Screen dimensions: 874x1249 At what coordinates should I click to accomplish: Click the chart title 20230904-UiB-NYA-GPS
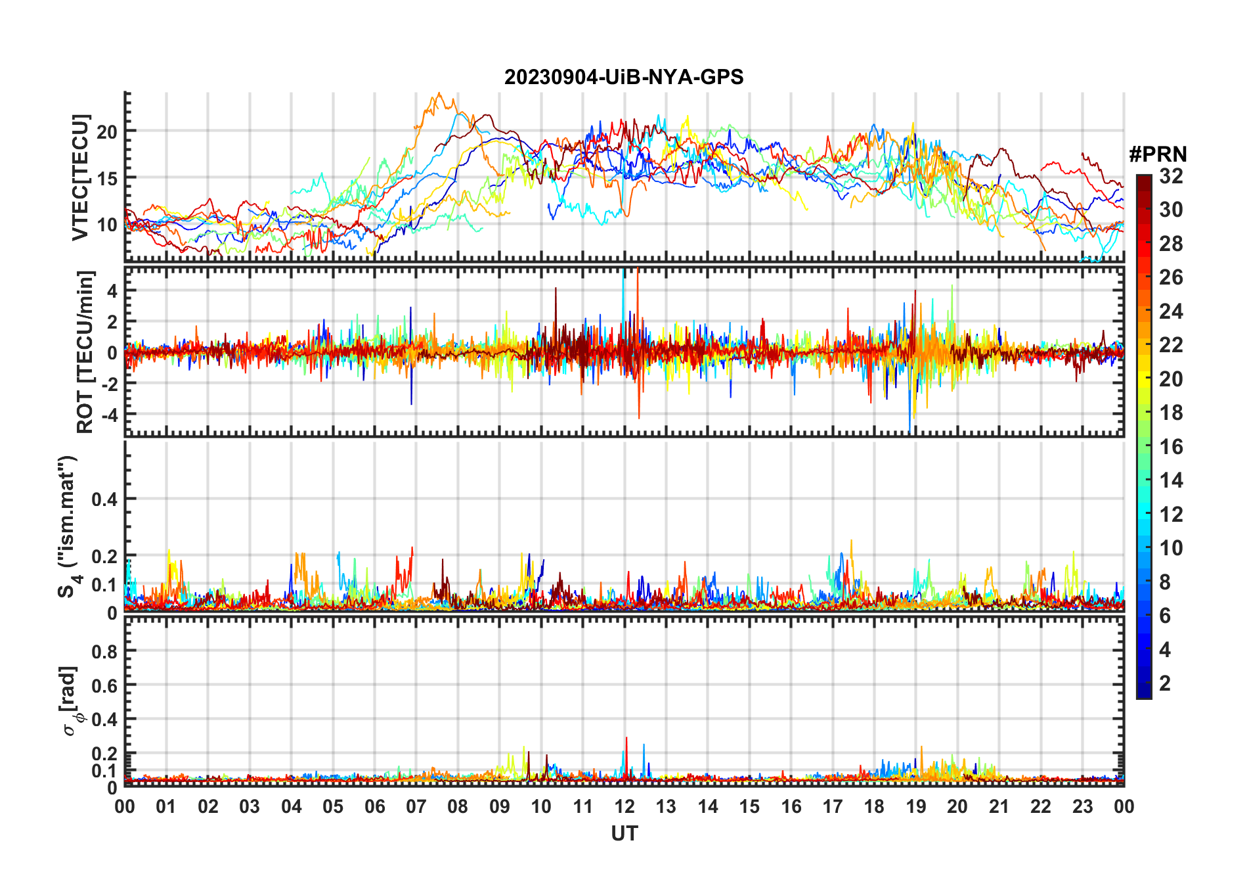tap(624, 78)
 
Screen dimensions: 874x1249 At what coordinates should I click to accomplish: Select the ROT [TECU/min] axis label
tap(85, 352)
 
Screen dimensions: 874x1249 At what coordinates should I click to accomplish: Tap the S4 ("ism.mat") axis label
tap(68, 526)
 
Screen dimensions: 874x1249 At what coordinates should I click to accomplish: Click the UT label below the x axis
tap(624, 834)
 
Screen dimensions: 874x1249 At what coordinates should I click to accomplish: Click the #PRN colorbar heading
tap(1158, 154)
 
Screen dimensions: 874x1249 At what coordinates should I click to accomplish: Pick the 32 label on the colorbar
tap(1171, 176)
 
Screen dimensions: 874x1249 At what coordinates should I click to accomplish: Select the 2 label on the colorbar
tap(1165, 683)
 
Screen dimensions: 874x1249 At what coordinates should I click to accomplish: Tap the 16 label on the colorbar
tap(1171, 447)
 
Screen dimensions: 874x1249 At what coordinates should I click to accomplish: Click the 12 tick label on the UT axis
tap(624, 807)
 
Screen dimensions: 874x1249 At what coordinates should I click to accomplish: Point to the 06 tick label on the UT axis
tap(375, 807)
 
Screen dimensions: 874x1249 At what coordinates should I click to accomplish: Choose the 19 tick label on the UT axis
tap(916, 807)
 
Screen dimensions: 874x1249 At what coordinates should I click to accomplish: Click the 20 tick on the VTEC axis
tap(107, 131)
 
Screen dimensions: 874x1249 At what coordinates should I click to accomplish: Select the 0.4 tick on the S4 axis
tap(104, 499)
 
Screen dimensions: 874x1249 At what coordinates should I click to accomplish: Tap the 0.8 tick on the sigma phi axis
tap(104, 651)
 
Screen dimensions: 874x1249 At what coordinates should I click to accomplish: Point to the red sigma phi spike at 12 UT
tap(626, 739)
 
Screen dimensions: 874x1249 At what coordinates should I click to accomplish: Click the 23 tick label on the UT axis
tap(1082, 807)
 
